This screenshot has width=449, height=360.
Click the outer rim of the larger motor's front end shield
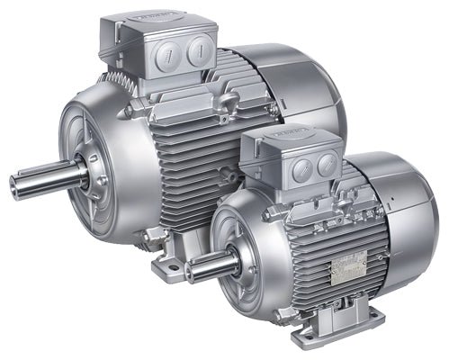click(67, 126)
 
